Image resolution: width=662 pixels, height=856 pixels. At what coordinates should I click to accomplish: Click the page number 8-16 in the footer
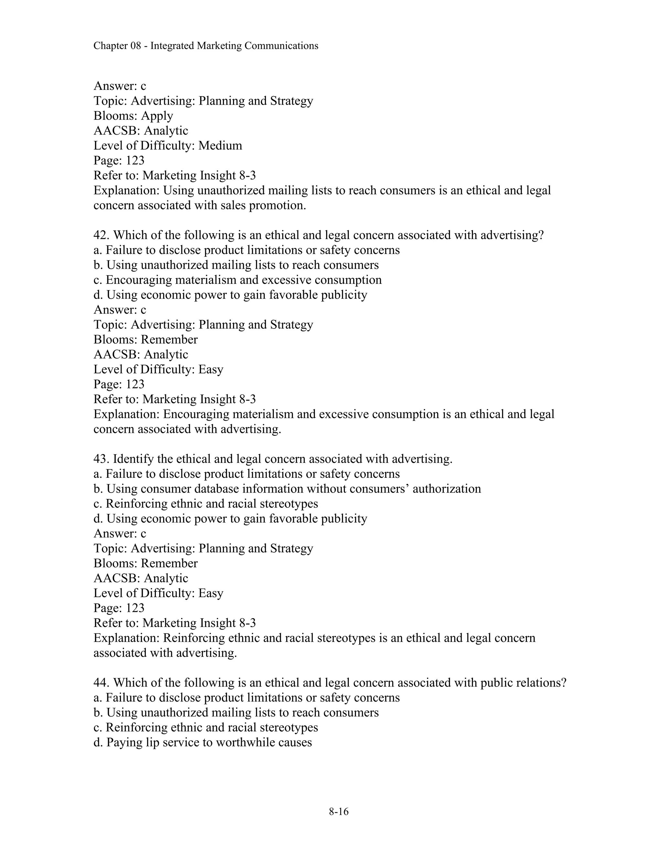tap(338, 812)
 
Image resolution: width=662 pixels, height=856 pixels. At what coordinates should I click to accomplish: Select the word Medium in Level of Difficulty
tap(220, 146)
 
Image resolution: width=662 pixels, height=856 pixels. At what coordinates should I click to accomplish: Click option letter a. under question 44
tap(98, 698)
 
